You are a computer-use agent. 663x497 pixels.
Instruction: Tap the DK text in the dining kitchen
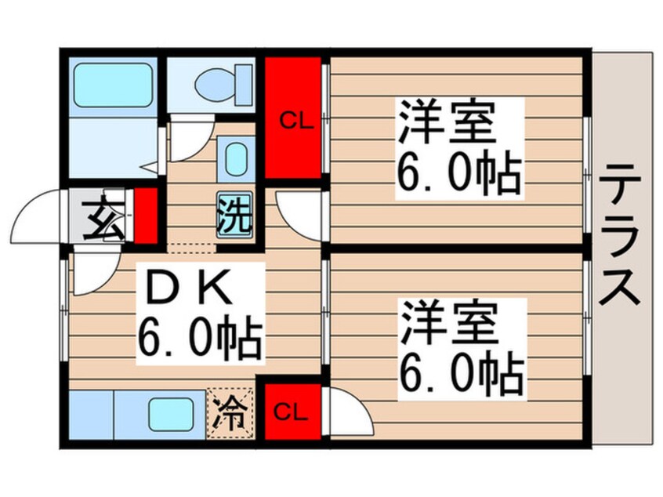pos(185,292)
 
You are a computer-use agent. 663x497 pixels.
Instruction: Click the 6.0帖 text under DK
pos(200,335)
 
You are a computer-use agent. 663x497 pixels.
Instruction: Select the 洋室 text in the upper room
pos(447,123)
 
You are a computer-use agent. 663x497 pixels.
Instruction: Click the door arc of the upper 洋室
pos(302,212)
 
